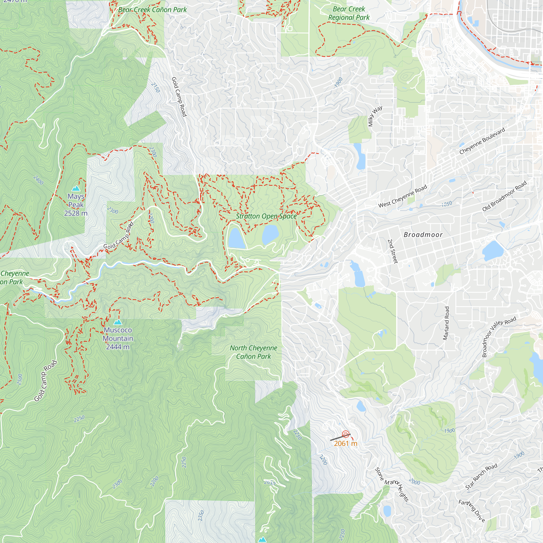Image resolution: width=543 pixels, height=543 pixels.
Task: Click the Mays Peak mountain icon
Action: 75,188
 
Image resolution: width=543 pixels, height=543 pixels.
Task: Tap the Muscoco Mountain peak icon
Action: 118,322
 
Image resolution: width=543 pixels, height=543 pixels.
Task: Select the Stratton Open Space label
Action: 266,216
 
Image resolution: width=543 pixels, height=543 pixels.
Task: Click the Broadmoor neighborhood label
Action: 423,235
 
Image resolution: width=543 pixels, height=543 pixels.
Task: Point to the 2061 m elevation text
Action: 345,444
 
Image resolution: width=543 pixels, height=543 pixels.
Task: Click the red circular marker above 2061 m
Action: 345,434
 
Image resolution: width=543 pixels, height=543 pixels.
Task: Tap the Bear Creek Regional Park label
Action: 349,13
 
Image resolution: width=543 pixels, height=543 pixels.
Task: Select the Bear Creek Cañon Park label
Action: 152,10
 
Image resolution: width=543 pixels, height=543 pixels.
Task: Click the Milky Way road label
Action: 375,116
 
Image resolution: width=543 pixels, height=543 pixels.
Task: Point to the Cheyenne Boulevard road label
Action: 482,141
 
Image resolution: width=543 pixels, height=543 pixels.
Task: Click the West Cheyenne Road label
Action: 402,196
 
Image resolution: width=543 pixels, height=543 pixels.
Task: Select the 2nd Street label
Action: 393,251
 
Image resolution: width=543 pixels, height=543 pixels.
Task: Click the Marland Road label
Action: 446,323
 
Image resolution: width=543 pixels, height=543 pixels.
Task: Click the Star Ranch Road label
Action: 481,477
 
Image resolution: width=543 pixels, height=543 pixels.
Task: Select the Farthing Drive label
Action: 472,511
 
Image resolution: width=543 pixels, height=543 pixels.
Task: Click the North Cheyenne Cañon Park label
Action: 254,352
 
